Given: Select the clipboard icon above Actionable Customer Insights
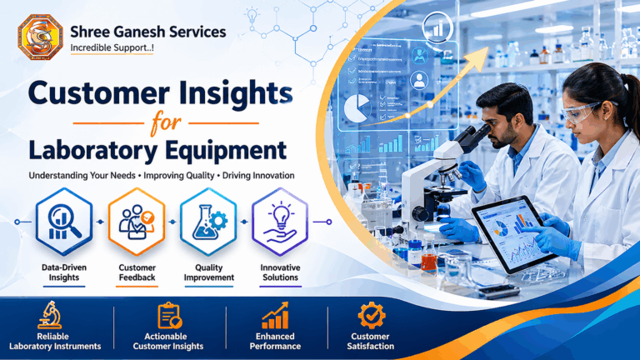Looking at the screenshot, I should (x=169, y=315).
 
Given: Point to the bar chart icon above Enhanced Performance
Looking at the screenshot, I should (x=275, y=315).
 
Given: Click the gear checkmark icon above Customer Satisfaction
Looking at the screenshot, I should (x=371, y=315).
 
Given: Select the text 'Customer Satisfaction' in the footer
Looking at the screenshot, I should (x=371, y=341).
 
